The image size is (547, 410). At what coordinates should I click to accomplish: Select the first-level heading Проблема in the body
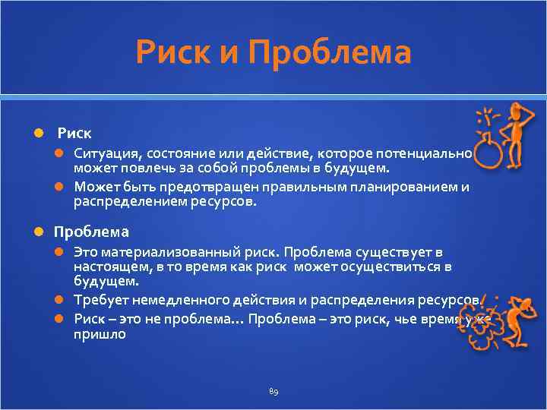click(x=91, y=232)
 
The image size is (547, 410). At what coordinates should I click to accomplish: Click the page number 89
click(x=273, y=391)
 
